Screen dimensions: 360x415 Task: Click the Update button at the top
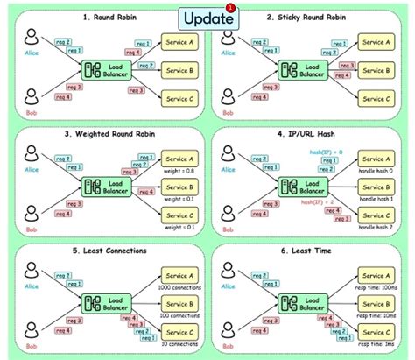point(207,18)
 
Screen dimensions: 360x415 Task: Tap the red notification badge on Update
point(230,8)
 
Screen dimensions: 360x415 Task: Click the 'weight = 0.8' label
point(179,172)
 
